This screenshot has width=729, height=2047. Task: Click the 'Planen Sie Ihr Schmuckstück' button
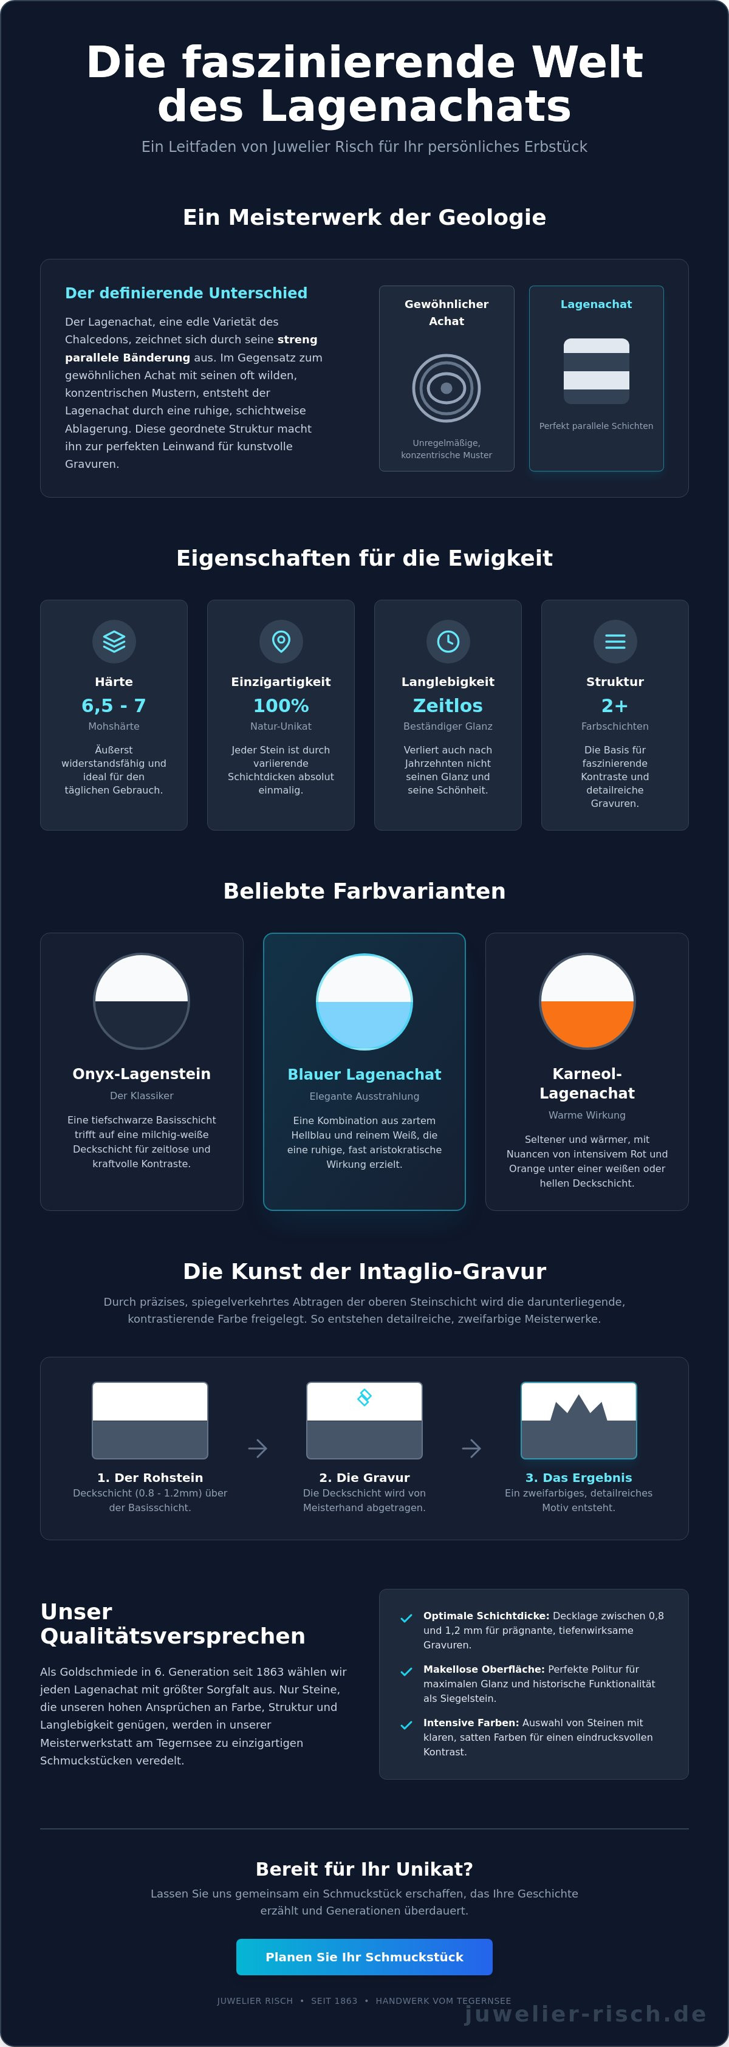(364, 1956)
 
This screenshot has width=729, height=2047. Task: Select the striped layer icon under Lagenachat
(597, 371)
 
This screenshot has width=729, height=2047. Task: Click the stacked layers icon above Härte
(114, 641)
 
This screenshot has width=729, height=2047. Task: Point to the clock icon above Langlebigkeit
(448, 641)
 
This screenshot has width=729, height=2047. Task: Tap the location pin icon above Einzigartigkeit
(281, 641)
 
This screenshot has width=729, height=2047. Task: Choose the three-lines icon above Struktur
(615, 641)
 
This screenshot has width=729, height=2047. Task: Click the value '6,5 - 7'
(114, 705)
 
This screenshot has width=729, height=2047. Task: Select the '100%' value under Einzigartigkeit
(281, 705)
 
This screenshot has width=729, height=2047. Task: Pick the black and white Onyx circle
(142, 1001)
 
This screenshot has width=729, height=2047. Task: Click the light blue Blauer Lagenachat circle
(364, 1002)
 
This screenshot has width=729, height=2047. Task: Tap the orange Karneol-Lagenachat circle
(587, 1001)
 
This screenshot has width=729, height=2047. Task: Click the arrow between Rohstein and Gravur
(258, 1448)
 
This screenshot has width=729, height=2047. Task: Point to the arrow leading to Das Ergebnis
(471, 1448)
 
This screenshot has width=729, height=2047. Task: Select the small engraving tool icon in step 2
(364, 1397)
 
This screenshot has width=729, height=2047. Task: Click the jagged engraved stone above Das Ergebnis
(578, 1420)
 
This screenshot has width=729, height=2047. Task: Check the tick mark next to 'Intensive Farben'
(406, 1725)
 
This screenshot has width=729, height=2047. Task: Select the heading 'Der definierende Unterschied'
(186, 293)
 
